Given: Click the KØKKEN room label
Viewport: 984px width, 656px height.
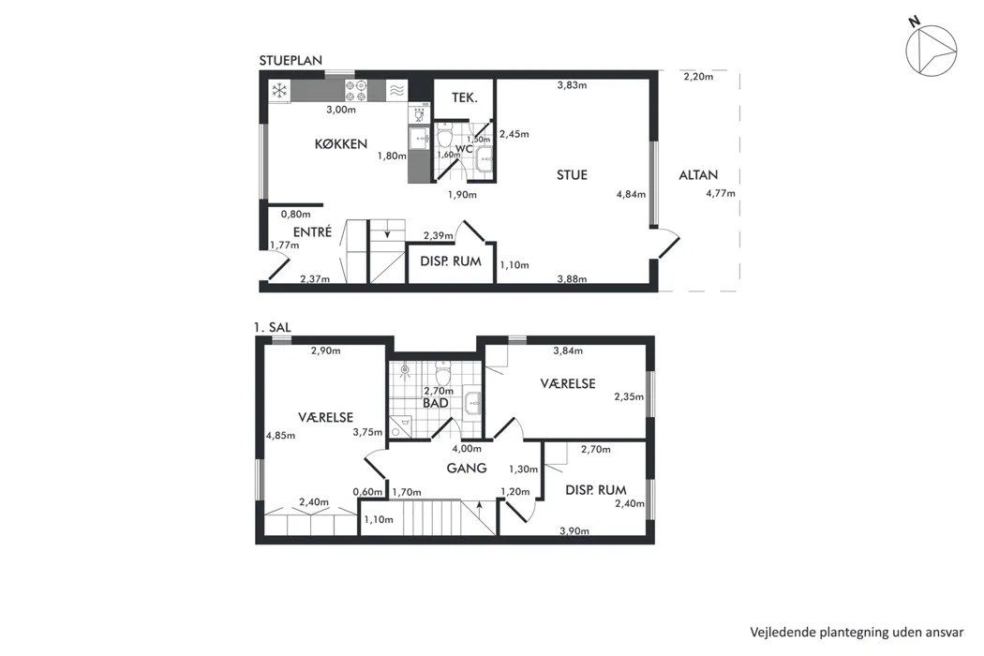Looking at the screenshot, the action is coord(341,143).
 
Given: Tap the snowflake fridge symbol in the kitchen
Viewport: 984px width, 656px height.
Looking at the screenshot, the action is coord(279,91).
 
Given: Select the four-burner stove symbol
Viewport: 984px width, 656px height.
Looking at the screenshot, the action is coord(356,91).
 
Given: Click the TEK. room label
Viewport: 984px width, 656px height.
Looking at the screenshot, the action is coord(465,97).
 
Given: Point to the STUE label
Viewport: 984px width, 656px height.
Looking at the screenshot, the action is coord(572,175).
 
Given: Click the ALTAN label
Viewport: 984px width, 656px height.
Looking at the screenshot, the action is coord(698,175).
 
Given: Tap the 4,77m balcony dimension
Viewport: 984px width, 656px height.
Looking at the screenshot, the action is coord(721,193).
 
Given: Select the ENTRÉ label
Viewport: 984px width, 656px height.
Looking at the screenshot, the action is coord(312,231).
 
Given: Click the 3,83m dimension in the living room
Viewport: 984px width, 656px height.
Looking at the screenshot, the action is coord(572,85).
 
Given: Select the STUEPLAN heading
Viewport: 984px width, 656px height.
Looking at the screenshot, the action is coord(291,60).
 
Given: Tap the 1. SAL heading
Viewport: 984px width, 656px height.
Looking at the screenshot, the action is coord(273,327).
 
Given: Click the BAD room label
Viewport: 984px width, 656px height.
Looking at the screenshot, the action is coord(436,403).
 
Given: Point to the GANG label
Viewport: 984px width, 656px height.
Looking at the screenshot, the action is coord(467,468).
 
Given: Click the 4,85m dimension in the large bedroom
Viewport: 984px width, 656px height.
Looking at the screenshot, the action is coord(280,435).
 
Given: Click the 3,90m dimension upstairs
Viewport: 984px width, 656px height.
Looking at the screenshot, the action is coord(574,531).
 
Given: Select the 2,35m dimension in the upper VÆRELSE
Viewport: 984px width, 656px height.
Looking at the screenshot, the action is coord(629,396).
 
